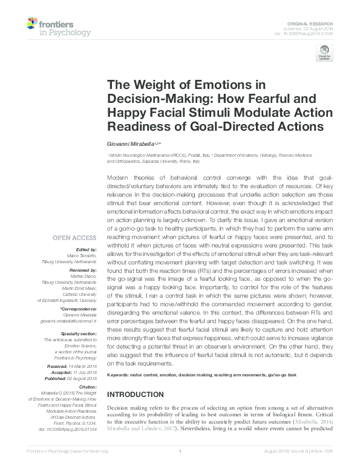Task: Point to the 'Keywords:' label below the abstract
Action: [x=120, y=375]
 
